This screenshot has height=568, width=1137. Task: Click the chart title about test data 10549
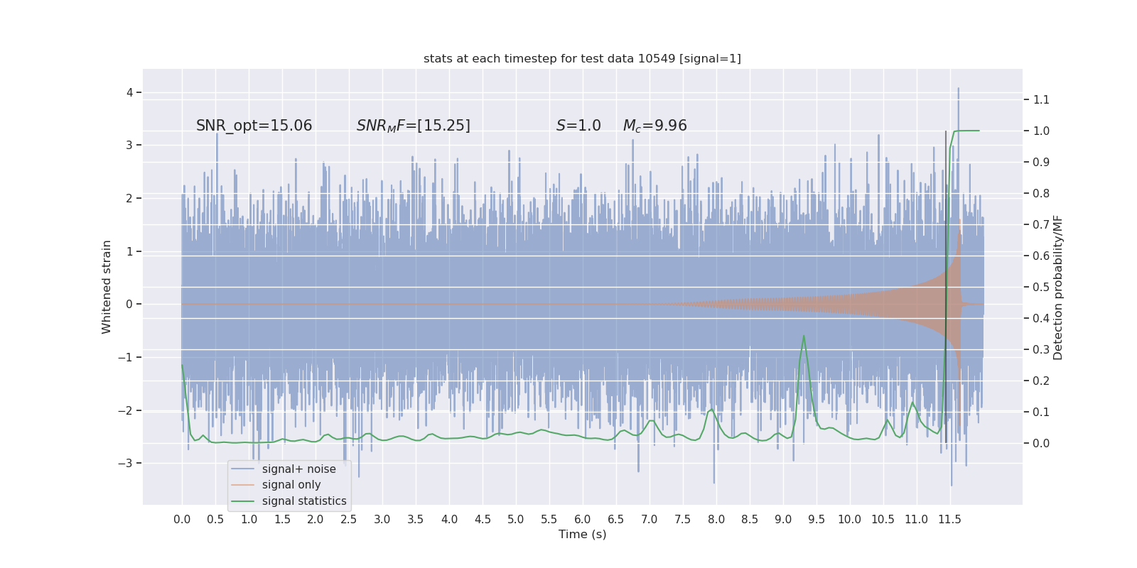click(x=582, y=58)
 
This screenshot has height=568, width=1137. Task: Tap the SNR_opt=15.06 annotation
click(x=254, y=126)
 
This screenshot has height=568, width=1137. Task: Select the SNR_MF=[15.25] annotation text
click(x=413, y=126)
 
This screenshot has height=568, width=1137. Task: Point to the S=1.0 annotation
click(x=578, y=126)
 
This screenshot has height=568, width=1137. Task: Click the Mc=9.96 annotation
click(x=654, y=126)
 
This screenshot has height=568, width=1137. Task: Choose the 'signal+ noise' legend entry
click(x=298, y=469)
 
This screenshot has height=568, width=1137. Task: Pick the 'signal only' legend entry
click(x=291, y=485)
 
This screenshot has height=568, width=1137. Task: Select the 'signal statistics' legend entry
click(x=304, y=501)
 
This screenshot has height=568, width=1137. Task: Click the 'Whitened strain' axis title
click(x=107, y=287)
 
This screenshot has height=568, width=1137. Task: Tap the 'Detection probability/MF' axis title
click(x=1058, y=287)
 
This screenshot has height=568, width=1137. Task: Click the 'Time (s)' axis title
click(x=582, y=534)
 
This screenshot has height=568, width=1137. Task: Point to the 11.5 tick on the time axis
click(x=949, y=519)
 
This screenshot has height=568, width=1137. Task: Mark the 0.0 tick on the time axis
click(x=182, y=519)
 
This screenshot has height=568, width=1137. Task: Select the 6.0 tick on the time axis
click(x=583, y=519)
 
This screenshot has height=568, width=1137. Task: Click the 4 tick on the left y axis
click(x=130, y=92)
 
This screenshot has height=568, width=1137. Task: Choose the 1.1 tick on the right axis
click(x=1041, y=99)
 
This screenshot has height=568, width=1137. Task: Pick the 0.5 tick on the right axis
click(x=1041, y=287)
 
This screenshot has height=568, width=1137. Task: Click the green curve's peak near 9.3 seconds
click(x=804, y=336)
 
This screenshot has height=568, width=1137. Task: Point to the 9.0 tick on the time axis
click(x=783, y=519)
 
